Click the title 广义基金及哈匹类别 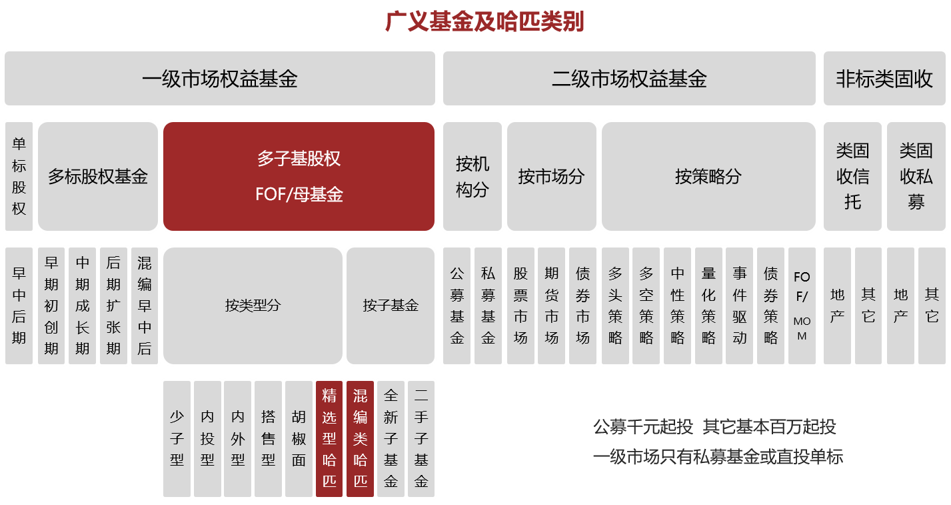coord(484,22)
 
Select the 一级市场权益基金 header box coord(219,79)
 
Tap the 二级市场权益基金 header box coord(628,79)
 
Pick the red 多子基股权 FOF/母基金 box coord(299,177)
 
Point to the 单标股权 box coord(19,177)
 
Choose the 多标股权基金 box coord(98,177)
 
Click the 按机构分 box coord(472,177)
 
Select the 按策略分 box coord(708,177)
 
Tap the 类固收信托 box coord(852,177)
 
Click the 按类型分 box coord(253,306)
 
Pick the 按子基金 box coord(391,306)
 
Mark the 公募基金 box coord(457,306)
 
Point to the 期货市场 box coord(551,306)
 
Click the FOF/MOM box coord(802,306)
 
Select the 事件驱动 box coord(740,306)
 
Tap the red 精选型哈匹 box coord(329,438)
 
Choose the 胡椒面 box coord(299,438)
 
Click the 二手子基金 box coord(421,438)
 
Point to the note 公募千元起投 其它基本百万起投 coord(714,427)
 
